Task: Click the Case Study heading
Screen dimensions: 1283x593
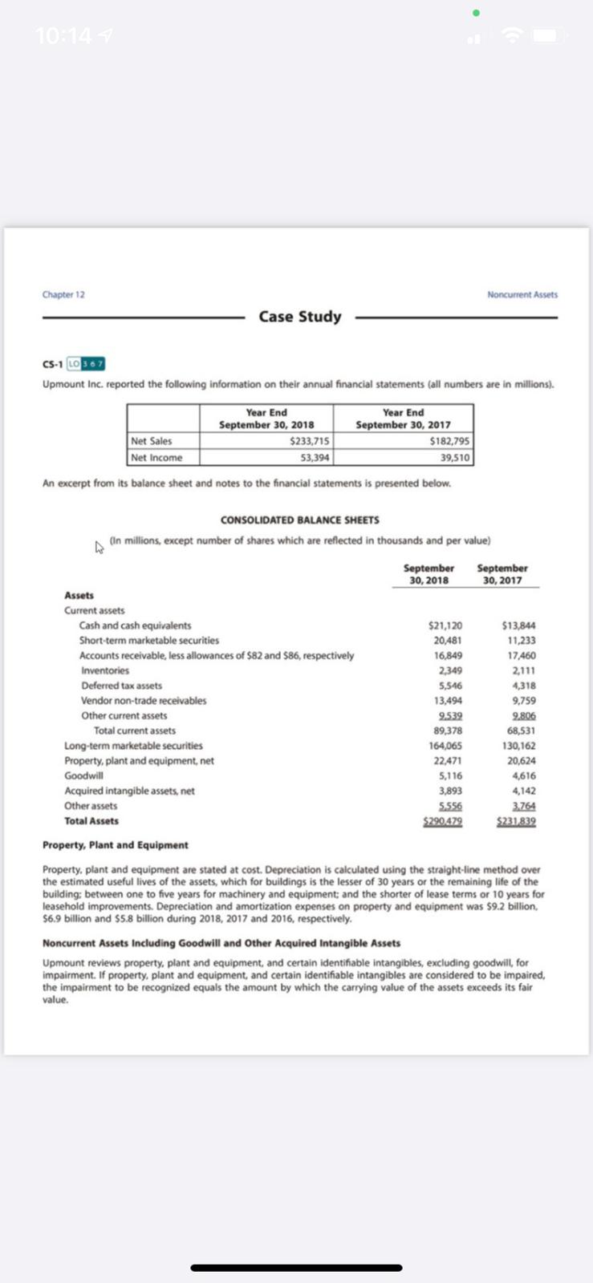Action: coord(299,317)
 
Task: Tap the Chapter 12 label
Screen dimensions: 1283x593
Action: coord(63,294)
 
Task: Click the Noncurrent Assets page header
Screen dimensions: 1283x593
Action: coord(522,294)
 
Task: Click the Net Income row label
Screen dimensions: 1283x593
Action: coord(156,458)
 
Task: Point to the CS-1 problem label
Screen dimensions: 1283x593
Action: coord(53,364)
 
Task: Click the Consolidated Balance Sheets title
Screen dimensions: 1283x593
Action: coord(299,520)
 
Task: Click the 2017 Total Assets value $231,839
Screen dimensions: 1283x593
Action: coord(516,821)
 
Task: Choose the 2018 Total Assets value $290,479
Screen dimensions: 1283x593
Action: coord(442,821)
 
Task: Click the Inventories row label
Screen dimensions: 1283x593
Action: coord(104,670)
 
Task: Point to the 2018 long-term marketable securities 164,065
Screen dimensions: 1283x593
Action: coord(447,746)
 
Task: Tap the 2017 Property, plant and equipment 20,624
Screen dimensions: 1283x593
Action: coord(522,761)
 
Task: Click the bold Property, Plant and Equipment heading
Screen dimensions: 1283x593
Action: coord(115,845)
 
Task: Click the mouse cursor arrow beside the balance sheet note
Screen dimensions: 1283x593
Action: coord(100,548)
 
